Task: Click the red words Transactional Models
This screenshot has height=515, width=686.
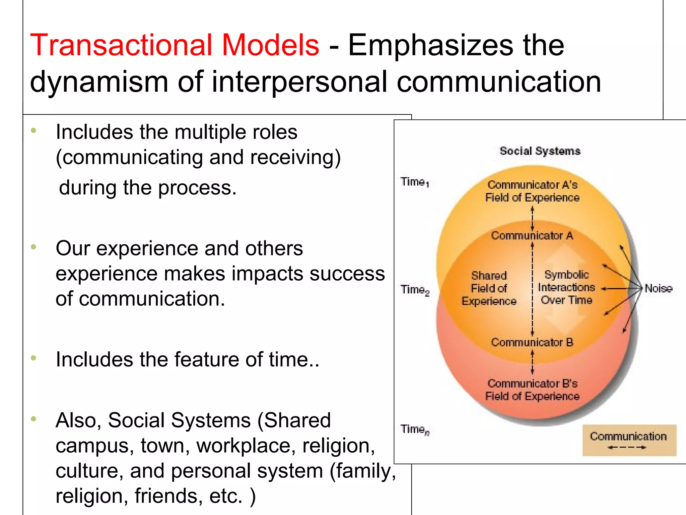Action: [174, 45]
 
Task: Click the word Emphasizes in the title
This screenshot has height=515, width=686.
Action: [430, 45]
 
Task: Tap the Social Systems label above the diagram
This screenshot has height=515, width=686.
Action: [540, 151]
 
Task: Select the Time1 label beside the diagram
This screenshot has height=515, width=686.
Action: [414, 182]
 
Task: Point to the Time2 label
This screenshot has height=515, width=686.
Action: [415, 290]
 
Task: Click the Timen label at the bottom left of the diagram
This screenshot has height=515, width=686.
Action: [415, 430]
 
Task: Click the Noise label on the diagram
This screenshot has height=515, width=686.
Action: [658, 288]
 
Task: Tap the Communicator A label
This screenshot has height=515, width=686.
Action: [532, 236]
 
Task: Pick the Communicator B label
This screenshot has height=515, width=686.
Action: [532, 342]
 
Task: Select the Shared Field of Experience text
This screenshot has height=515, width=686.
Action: [489, 288]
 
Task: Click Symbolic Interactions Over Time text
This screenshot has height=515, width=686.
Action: [566, 287]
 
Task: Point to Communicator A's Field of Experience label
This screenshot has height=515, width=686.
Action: [532, 191]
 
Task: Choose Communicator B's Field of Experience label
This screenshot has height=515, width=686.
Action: [532, 390]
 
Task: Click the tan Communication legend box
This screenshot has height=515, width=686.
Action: [629, 440]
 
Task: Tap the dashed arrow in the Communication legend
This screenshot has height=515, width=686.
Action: [627, 447]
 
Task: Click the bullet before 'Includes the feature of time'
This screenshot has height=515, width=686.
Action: [33, 358]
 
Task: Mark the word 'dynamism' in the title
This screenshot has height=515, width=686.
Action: [99, 82]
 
